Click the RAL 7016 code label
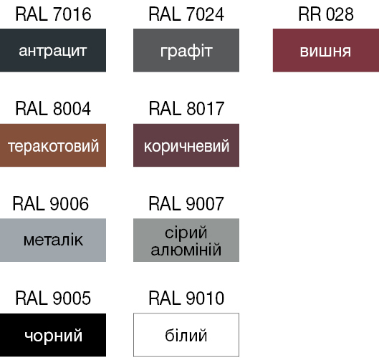[x=53, y=14]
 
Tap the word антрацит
[x=53, y=52]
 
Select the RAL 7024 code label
[x=186, y=14]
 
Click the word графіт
[x=186, y=52]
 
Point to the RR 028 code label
[x=326, y=14]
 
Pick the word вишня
[x=325, y=52]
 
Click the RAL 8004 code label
[x=53, y=109]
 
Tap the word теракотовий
[x=53, y=146]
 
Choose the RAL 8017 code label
[x=186, y=109]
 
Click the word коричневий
[x=186, y=146]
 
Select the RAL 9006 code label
[x=51, y=204]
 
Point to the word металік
[x=53, y=240]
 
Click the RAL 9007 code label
[x=186, y=204]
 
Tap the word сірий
[x=186, y=233]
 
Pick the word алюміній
[x=186, y=249]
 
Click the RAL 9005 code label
[x=53, y=298]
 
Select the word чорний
[x=54, y=336]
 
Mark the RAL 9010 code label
[x=186, y=298]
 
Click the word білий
[x=186, y=336]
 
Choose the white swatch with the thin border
[x=186, y=313]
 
